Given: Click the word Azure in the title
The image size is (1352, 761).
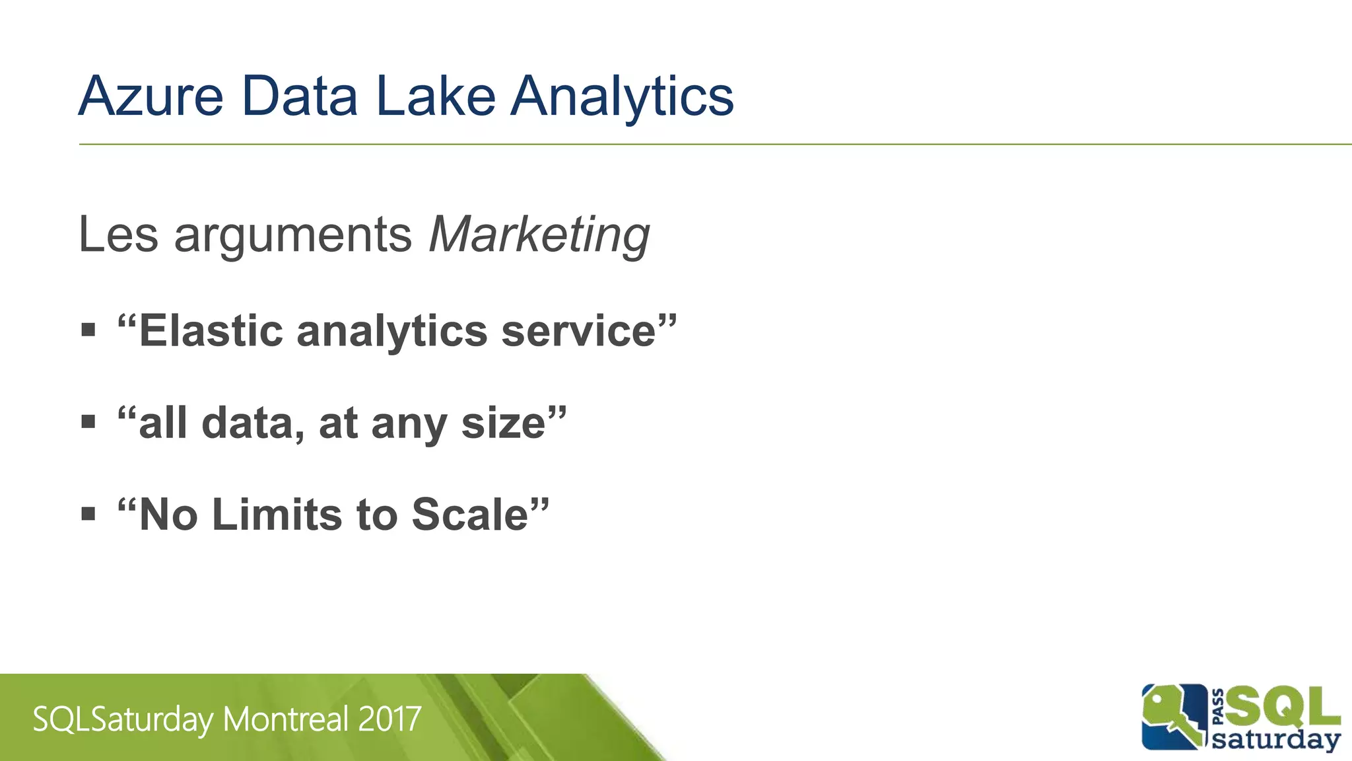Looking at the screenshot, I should (x=151, y=96).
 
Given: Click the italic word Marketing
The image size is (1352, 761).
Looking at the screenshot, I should (x=539, y=235).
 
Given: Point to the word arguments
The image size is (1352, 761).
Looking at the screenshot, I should (x=293, y=236).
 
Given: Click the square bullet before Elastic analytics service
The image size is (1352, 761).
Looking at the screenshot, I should (x=88, y=329).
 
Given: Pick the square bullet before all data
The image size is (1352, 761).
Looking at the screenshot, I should (x=88, y=421).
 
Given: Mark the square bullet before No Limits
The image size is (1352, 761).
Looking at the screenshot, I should (x=88, y=513).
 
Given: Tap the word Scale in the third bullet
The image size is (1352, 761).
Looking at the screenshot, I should (x=470, y=515).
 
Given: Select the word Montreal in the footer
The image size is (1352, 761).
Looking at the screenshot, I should (x=286, y=719).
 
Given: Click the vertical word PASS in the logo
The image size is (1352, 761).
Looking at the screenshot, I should (x=1218, y=707).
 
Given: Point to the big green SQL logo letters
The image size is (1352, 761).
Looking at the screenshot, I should (x=1283, y=706).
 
